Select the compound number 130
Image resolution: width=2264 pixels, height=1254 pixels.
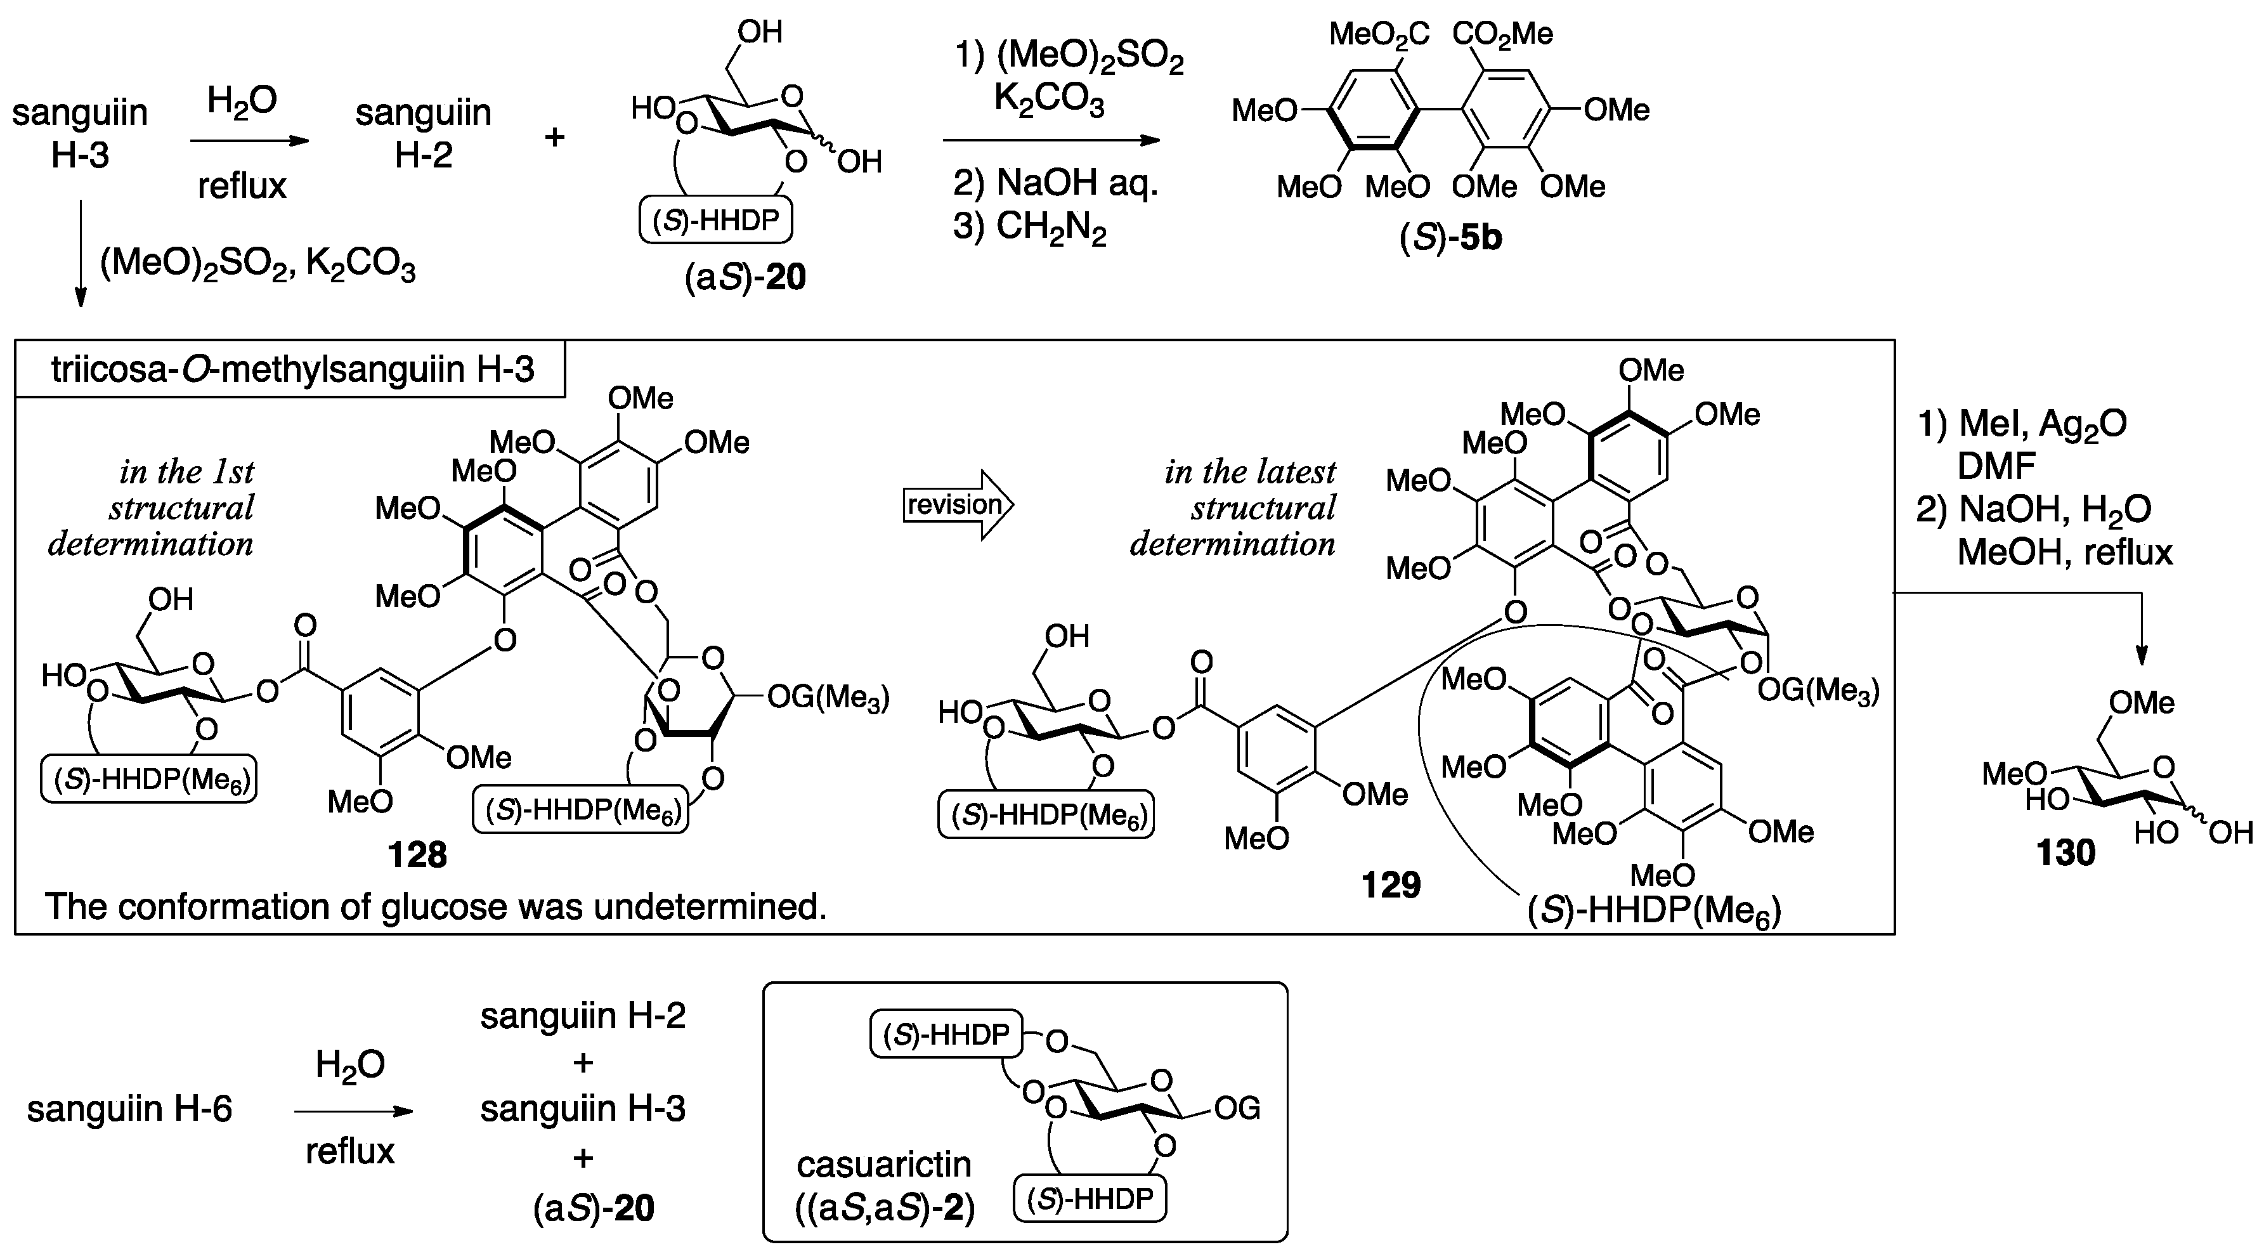tap(2066, 852)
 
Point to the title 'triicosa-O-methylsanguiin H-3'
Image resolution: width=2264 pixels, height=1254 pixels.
tap(292, 370)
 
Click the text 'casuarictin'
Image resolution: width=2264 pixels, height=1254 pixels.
tap(883, 1165)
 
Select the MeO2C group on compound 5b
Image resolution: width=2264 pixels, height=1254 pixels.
tap(1378, 34)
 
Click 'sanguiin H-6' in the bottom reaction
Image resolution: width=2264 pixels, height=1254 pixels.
tap(129, 1109)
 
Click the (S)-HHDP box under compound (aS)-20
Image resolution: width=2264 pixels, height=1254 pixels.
tap(715, 221)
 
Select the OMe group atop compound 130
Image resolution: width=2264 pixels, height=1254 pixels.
tap(2142, 703)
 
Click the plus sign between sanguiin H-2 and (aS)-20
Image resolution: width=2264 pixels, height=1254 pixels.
tap(554, 137)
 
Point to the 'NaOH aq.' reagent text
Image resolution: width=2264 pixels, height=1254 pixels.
tap(1055, 184)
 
